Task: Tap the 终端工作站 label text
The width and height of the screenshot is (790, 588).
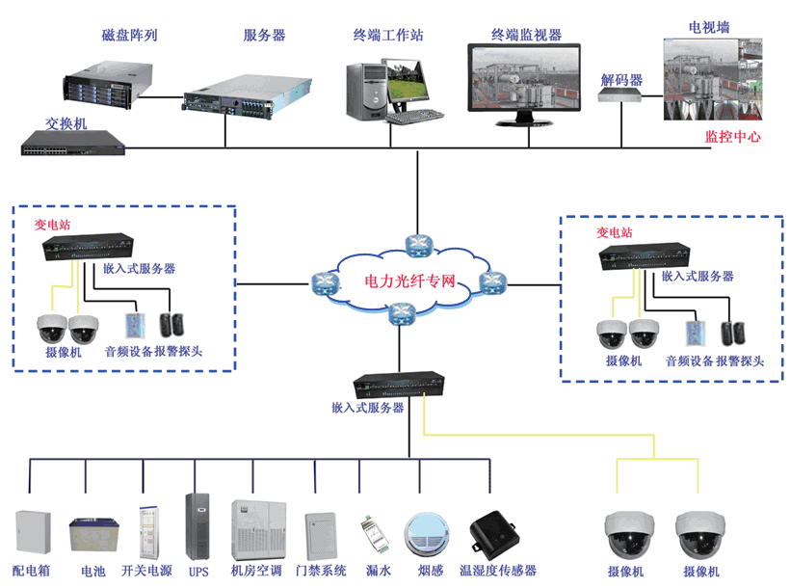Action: pos(388,36)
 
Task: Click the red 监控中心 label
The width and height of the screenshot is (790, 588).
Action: pos(733,137)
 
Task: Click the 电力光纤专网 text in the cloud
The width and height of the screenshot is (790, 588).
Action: pos(409,282)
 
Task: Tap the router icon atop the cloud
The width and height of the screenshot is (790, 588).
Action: pos(417,245)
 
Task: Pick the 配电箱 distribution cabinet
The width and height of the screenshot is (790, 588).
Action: pos(32,535)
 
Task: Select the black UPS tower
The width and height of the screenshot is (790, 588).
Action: pos(197,527)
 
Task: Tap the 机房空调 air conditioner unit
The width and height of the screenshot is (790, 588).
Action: pos(255,528)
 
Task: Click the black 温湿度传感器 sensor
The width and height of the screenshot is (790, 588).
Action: pos(497,533)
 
